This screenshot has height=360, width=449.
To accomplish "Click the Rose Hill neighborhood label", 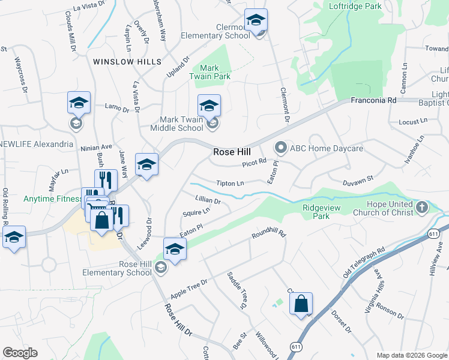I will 232,152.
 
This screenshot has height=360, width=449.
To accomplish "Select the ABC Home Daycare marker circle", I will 280,148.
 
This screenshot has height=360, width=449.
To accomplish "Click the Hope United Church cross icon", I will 423,208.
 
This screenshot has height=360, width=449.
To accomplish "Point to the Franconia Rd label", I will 375,100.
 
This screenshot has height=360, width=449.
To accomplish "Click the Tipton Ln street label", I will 231,183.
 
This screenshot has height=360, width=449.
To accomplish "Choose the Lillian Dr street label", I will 208,200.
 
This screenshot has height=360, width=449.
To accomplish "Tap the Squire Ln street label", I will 197,212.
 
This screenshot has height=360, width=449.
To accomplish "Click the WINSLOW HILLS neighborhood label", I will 127,62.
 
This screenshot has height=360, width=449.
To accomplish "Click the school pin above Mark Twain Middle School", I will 209,106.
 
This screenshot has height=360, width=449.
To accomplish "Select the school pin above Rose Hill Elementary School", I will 175,249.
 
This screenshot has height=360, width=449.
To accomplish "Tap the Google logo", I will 20,353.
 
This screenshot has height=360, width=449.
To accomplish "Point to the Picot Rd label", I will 254,163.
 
